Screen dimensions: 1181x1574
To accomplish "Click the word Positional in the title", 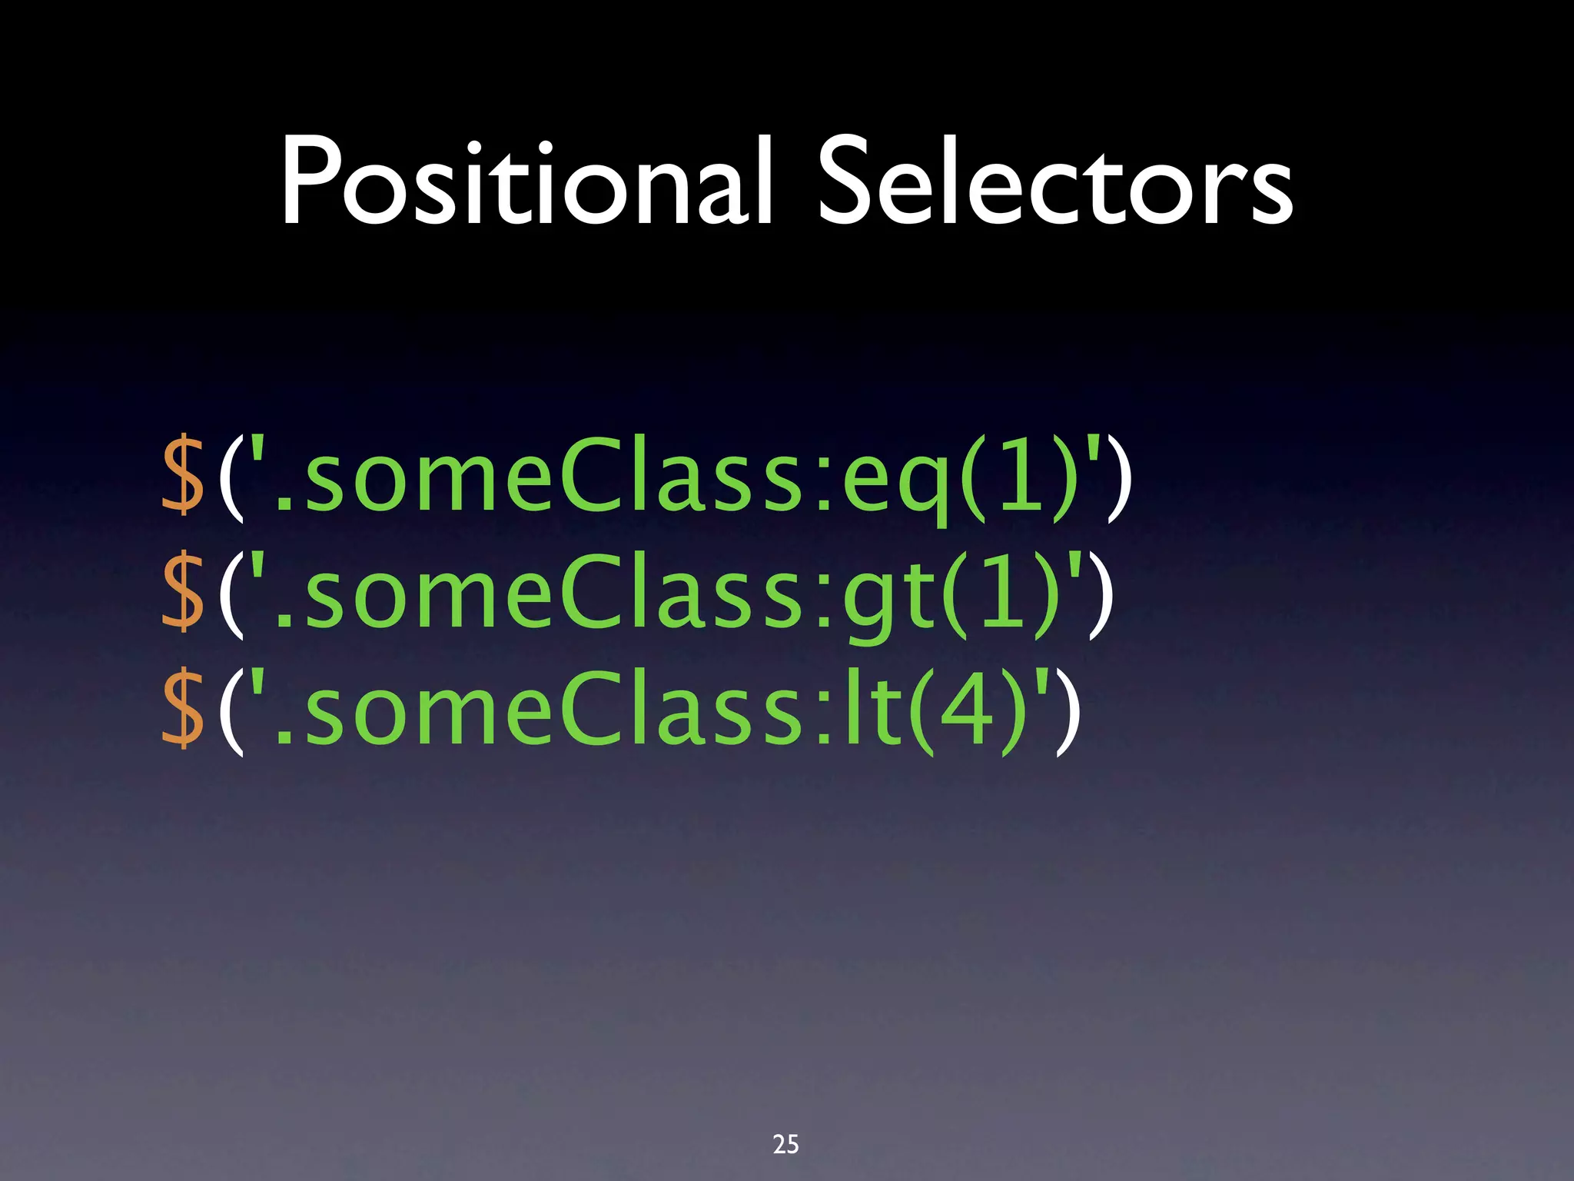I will click(525, 183).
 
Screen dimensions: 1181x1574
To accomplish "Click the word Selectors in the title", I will click(1054, 183).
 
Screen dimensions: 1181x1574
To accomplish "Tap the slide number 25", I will click(785, 1144).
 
